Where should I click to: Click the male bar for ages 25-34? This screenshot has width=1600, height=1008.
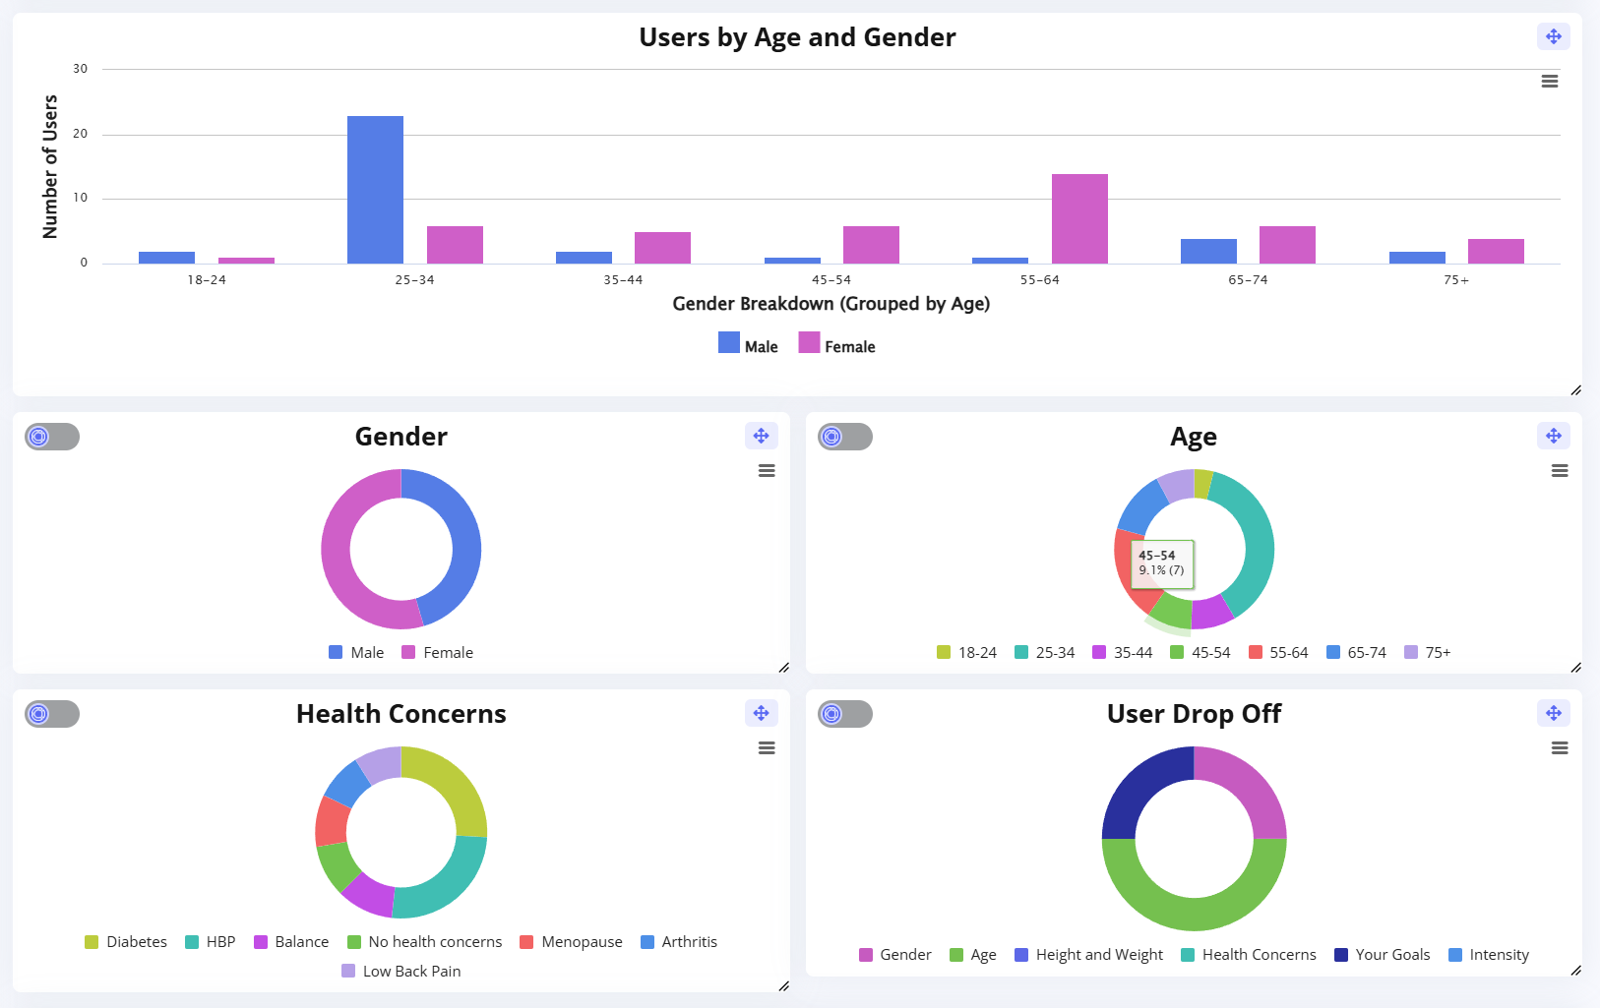(375, 189)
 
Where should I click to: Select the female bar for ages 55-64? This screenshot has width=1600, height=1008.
(1079, 218)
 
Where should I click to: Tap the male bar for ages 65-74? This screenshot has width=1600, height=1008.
(1208, 251)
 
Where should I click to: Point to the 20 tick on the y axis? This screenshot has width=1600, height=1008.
(81, 134)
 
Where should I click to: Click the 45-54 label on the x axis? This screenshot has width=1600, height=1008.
(831, 280)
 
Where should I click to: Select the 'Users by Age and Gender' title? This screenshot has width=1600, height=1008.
(797, 37)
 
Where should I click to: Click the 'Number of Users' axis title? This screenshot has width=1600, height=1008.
(50, 166)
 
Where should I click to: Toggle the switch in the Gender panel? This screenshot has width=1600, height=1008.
(52, 437)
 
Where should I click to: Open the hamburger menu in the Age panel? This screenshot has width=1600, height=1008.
(1560, 471)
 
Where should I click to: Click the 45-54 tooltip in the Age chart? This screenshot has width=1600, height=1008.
(1162, 563)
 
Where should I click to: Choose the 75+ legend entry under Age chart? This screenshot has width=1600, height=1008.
(1428, 653)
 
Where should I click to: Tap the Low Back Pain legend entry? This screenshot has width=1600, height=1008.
(401, 972)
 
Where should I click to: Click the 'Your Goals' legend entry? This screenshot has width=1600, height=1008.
(1383, 955)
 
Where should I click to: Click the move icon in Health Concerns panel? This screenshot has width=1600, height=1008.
(761, 713)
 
